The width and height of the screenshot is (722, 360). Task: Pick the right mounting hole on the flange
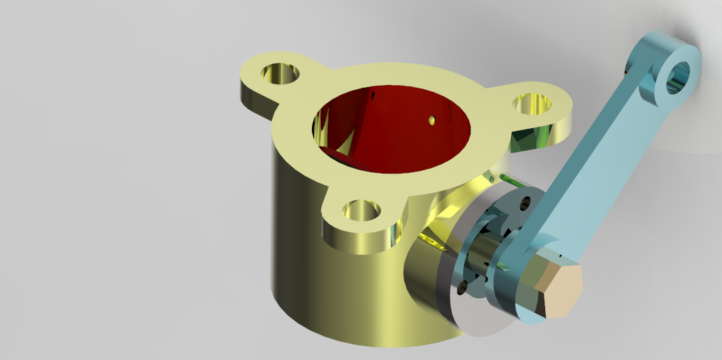[533, 104]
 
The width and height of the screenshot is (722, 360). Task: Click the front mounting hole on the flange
[361, 209]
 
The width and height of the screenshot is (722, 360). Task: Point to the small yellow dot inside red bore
[431, 121]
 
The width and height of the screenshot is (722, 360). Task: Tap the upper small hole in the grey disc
[525, 203]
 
